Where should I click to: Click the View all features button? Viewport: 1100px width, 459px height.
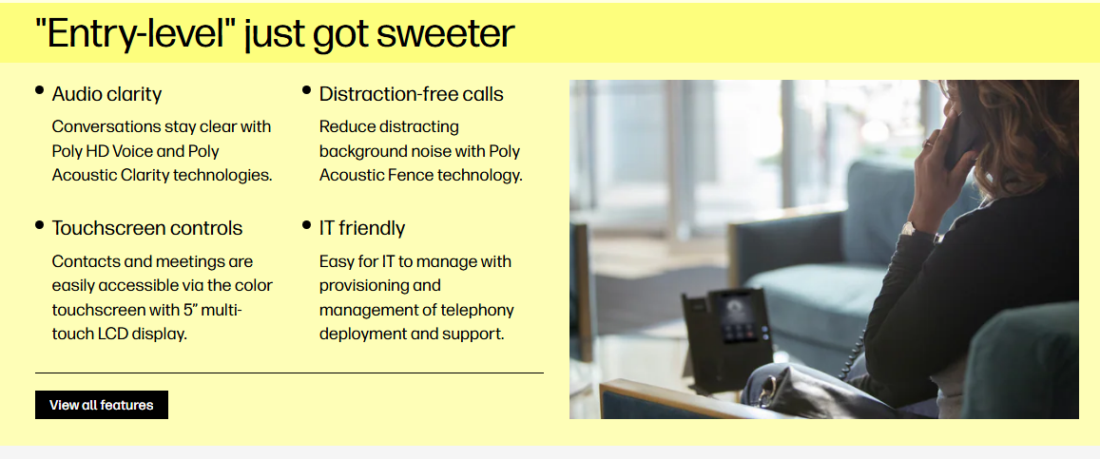(x=102, y=405)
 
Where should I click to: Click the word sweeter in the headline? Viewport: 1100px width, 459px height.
(x=445, y=33)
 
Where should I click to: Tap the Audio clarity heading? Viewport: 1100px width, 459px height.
(x=106, y=94)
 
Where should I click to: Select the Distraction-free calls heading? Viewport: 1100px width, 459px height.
(x=411, y=94)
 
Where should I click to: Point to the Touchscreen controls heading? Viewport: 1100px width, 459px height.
(x=147, y=228)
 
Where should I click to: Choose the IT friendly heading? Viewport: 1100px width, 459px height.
(x=362, y=228)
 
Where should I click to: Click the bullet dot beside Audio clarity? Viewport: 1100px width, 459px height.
(x=39, y=89)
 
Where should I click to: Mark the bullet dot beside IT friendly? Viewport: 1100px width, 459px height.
(x=306, y=225)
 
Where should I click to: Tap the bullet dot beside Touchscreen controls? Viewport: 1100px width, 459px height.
(x=39, y=225)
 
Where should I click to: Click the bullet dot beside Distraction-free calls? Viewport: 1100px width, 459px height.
(x=306, y=89)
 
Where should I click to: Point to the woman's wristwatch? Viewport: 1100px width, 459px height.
(x=913, y=229)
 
